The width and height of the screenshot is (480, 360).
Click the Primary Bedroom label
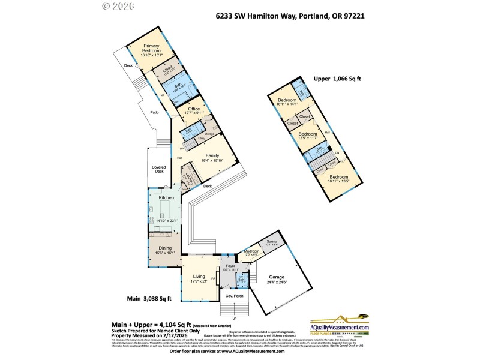click(x=151, y=49)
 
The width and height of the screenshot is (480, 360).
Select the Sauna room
click(x=272, y=243)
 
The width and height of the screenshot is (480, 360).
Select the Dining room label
click(x=165, y=247)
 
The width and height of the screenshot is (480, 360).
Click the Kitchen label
click(x=166, y=197)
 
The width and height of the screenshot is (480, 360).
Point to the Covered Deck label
click(x=158, y=169)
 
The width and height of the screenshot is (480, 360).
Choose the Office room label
click(x=194, y=109)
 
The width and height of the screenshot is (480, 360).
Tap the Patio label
click(x=154, y=112)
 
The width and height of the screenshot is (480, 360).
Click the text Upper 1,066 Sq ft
click(x=338, y=79)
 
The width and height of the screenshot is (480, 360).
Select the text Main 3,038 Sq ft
click(x=150, y=298)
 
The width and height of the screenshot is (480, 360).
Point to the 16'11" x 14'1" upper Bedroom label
click(x=287, y=103)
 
